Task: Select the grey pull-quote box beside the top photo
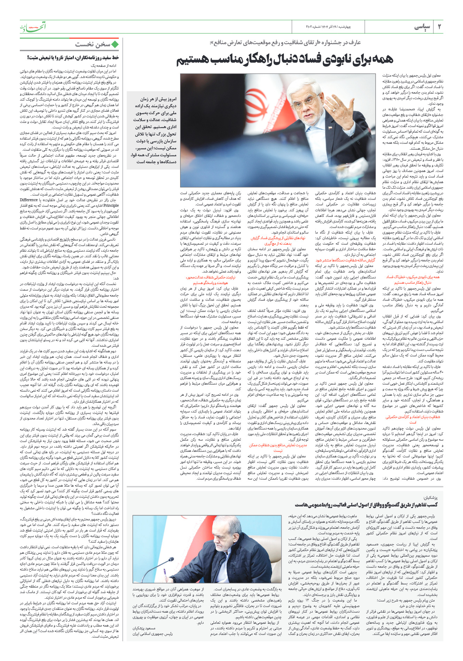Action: coord(153,131)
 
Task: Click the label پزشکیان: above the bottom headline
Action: coord(430,498)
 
